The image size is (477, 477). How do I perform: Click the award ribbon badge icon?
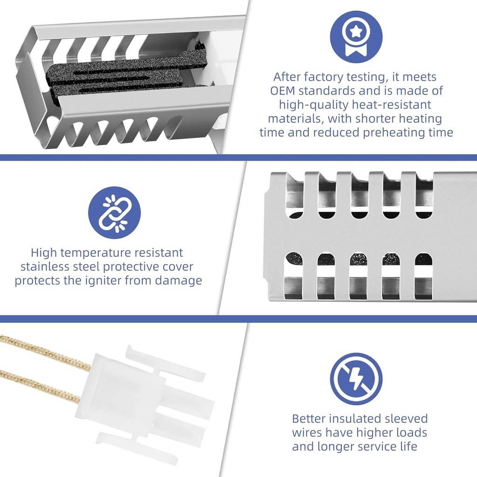click(x=356, y=37)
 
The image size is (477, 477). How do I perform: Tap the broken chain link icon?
click(x=115, y=212)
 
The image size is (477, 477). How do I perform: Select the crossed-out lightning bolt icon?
click(x=356, y=379)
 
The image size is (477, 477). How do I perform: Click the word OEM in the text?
click(x=283, y=91)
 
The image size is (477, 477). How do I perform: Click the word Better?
click(x=309, y=419)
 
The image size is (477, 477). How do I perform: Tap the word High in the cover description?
click(x=44, y=253)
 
